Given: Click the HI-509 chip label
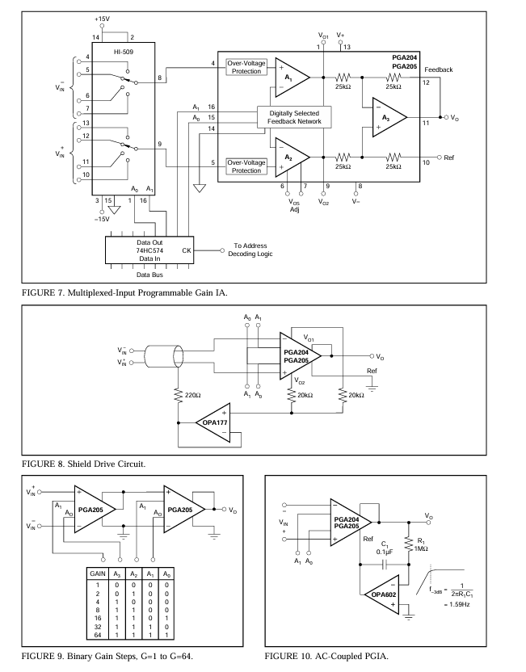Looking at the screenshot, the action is [x=124, y=52].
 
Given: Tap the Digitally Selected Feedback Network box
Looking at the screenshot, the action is [x=294, y=117].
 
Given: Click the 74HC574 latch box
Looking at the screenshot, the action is [x=149, y=250].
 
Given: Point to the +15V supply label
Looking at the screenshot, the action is [x=102, y=19].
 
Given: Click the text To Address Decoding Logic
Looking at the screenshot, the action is [x=250, y=250].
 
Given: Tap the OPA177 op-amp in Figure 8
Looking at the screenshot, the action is [x=213, y=422].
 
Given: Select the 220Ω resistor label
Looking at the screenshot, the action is [x=192, y=395].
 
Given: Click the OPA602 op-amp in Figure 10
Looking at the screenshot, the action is [x=382, y=594].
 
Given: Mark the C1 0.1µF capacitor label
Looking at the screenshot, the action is [x=385, y=548].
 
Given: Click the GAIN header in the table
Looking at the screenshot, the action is [x=98, y=573].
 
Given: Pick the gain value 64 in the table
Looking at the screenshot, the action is [x=98, y=635].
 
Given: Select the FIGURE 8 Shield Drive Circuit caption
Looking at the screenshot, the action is [x=83, y=464].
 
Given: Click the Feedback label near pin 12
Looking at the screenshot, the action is [x=439, y=69].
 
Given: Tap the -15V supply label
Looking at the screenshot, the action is [x=102, y=219].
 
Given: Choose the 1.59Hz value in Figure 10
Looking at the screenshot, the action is [x=457, y=604].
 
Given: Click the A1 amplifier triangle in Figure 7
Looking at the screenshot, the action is [x=292, y=78].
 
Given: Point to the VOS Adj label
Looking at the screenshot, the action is [x=294, y=206].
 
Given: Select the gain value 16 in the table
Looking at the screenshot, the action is [x=98, y=618].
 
